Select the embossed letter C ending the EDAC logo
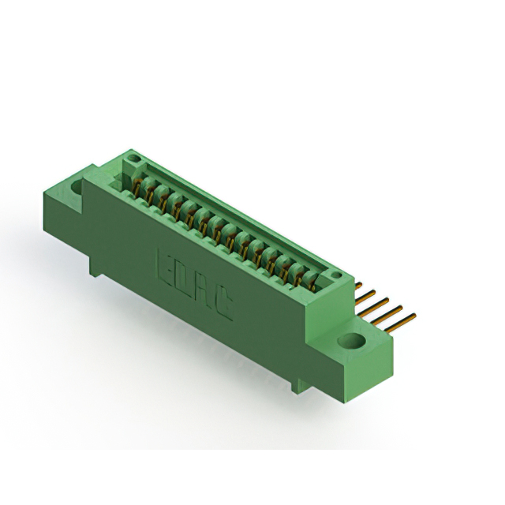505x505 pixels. [x=224, y=303]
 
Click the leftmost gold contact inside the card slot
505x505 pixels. [x=143, y=188]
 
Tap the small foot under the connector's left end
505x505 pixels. [x=95, y=270]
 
